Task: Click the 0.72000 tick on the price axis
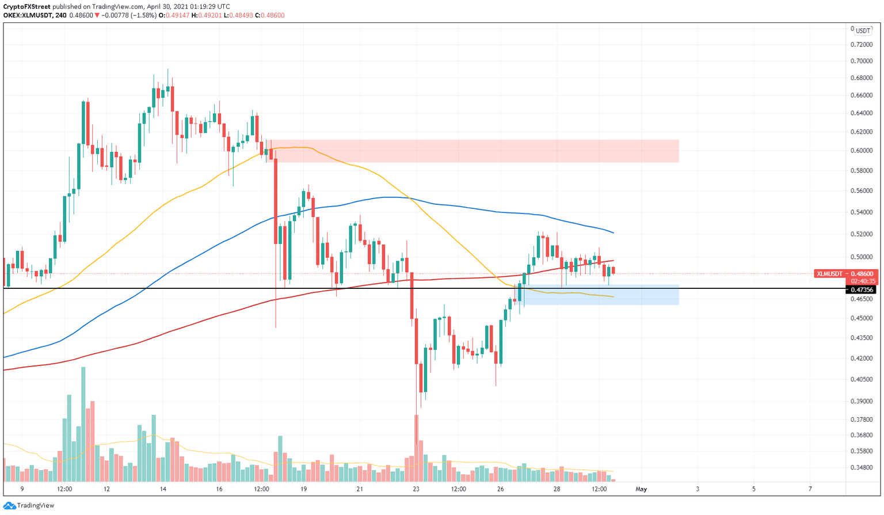pyautogui.click(x=862, y=44)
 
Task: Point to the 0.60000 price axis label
pyautogui.click(x=862, y=151)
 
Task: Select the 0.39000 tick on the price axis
pyautogui.click(x=862, y=401)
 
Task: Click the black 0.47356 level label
pyautogui.click(x=862, y=289)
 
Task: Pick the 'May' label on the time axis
pyautogui.click(x=641, y=489)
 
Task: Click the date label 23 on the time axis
pyautogui.click(x=416, y=489)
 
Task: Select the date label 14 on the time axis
pyautogui.click(x=163, y=489)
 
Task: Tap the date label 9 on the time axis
pyautogui.click(x=22, y=489)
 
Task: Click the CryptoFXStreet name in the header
pyautogui.click(x=27, y=7)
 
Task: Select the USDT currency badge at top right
pyautogui.click(x=862, y=31)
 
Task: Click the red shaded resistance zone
pyautogui.click(x=472, y=151)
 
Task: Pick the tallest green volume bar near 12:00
pyautogui.click(x=83, y=424)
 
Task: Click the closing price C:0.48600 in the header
pyautogui.click(x=269, y=16)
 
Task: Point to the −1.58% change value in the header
pyautogui.click(x=144, y=16)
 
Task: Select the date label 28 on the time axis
pyautogui.click(x=557, y=489)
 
